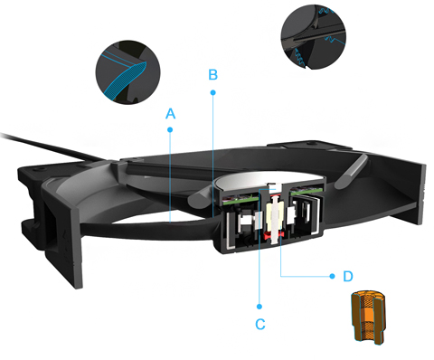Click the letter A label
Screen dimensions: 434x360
171,114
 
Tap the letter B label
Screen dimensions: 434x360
213,75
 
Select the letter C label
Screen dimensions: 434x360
260,324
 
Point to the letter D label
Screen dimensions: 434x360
348,276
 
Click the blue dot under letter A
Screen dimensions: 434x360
170,129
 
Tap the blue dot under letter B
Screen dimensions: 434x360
213,92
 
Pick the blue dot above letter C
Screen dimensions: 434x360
259,307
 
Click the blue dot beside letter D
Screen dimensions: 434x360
332,276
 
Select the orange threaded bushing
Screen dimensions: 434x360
369,317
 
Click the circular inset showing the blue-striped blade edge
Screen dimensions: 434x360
128,72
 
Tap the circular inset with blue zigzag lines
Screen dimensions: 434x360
314,37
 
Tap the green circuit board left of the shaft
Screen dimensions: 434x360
241,198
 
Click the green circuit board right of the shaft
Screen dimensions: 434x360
305,191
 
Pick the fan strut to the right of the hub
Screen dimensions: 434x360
352,171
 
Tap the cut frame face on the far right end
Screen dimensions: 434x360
421,194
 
